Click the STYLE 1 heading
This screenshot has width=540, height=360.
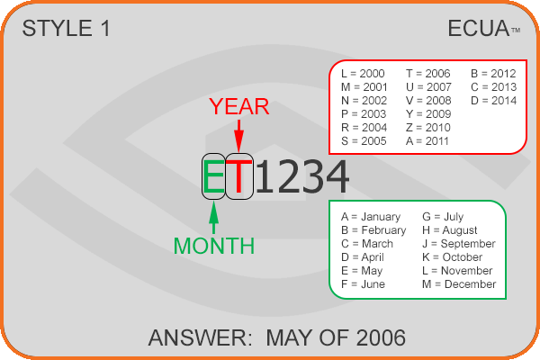tap(66, 28)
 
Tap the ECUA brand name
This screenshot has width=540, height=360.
tap(479, 28)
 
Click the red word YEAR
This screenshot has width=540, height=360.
tap(239, 106)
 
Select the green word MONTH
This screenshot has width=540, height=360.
tap(214, 246)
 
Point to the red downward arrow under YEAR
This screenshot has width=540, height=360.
tap(239, 136)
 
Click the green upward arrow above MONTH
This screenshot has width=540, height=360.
tap(214, 218)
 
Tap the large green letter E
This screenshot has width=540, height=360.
tap(214, 176)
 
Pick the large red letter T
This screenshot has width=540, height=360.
tap(239, 176)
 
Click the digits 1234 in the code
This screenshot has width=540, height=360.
tap(302, 176)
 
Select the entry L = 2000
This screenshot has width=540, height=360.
tap(363, 74)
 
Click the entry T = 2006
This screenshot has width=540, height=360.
tap(428, 74)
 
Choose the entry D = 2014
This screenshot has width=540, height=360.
tap(493, 101)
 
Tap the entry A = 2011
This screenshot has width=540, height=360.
tap(427, 141)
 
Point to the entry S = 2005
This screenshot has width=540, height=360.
tap(364, 141)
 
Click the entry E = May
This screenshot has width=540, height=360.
tap(362, 271)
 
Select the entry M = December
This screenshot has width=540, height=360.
tap(459, 284)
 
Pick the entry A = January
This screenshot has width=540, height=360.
tap(371, 217)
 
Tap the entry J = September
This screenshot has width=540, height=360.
tap(459, 244)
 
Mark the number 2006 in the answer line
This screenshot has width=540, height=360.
tap(381, 337)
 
